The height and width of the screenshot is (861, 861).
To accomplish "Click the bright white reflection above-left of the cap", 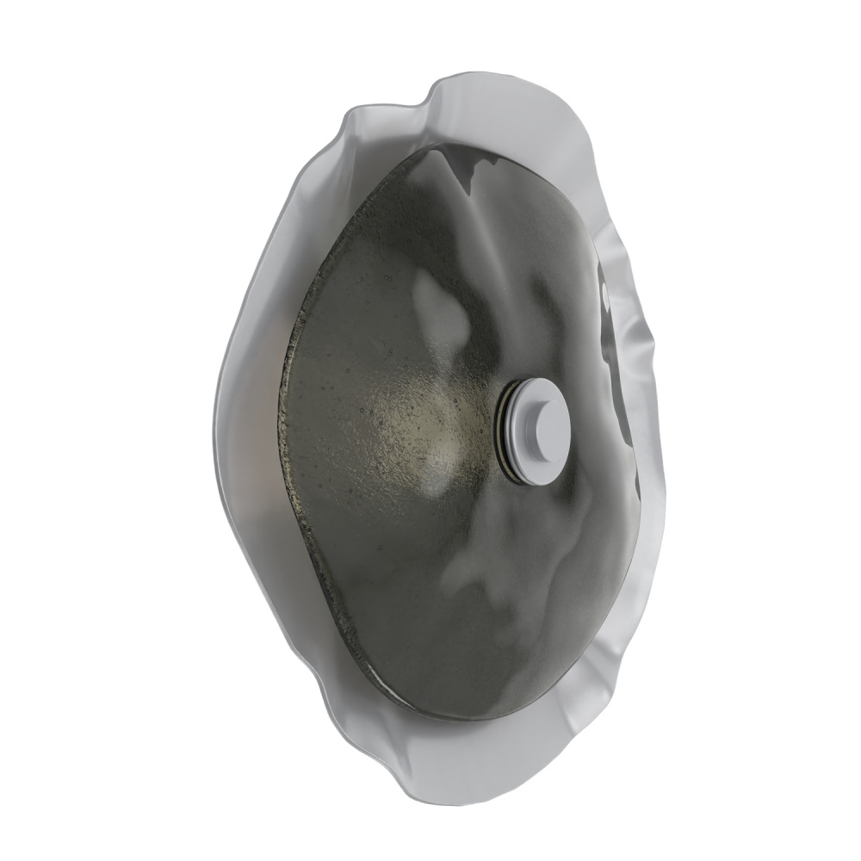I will coord(436,301).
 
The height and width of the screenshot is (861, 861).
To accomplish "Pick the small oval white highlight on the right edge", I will coord(605,293).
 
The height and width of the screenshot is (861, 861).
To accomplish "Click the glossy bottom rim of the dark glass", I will coord(482,715).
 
